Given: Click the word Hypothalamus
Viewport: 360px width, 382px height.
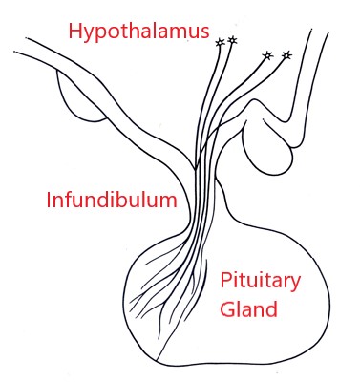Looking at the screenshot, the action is click(x=138, y=32).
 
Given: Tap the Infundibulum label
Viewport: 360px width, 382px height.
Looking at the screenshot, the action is click(x=112, y=202).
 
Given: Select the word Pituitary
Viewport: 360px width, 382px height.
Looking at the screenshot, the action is click(x=261, y=281).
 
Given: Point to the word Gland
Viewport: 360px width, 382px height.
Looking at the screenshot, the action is click(x=248, y=309).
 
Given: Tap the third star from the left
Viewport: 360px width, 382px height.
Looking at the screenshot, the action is click(x=267, y=56).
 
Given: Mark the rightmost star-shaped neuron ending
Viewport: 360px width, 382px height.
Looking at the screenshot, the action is click(x=286, y=54).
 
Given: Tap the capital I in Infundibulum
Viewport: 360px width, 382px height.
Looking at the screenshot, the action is click(x=50, y=201).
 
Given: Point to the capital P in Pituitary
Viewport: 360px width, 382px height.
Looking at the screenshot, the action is click(x=226, y=281).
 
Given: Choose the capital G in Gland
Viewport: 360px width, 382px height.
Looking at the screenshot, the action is click(x=228, y=309).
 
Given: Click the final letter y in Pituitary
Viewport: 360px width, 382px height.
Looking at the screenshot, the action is click(x=295, y=285).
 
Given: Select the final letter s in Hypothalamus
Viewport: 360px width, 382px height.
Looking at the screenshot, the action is click(x=203, y=32).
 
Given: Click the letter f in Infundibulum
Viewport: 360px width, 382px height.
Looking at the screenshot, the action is click(x=72, y=201).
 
